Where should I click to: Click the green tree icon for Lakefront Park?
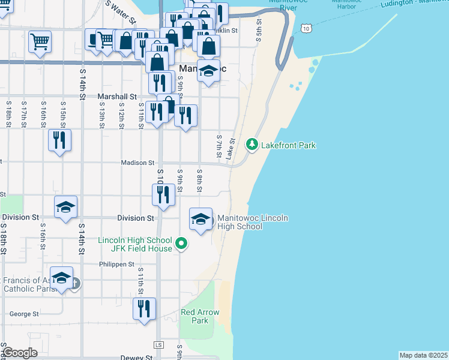252,145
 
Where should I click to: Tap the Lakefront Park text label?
288,145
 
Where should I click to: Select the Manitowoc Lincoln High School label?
252,222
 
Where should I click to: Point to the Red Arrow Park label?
200,316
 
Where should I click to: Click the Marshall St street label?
117,96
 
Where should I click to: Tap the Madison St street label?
138,163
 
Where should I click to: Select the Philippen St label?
117,264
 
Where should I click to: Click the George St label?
24,314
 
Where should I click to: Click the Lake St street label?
231,148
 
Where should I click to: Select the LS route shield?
158,345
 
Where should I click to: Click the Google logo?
20,353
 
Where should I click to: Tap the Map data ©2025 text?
423,355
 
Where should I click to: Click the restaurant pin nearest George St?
144,310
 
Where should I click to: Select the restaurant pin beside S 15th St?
60,141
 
